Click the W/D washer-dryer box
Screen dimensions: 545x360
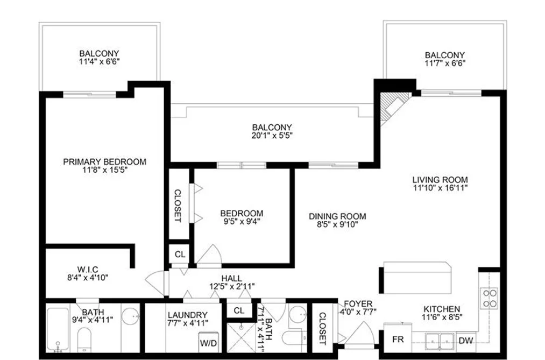pos(209,343)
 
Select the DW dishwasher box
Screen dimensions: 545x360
pos(466,340)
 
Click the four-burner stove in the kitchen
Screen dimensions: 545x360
pos(490,299)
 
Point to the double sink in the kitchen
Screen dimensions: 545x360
pos(440,340)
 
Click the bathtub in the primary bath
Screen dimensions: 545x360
pos(58,329)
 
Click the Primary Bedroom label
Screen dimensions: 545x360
pos(104,162)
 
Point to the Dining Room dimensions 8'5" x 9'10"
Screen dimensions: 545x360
pos(337,224)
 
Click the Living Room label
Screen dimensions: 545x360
pos(440,180)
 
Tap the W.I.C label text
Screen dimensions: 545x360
pos(88,270)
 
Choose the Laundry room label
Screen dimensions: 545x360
pos(188,315)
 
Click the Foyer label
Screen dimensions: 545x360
pos(358,304)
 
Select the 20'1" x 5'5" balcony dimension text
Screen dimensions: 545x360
pos(272,136)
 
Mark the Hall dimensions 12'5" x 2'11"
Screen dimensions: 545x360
pos(232,287)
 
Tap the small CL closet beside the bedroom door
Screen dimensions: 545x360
pos(180,255)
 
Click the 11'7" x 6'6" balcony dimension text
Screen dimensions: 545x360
pos(445,63)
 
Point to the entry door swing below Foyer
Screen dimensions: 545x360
pos(360,333)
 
